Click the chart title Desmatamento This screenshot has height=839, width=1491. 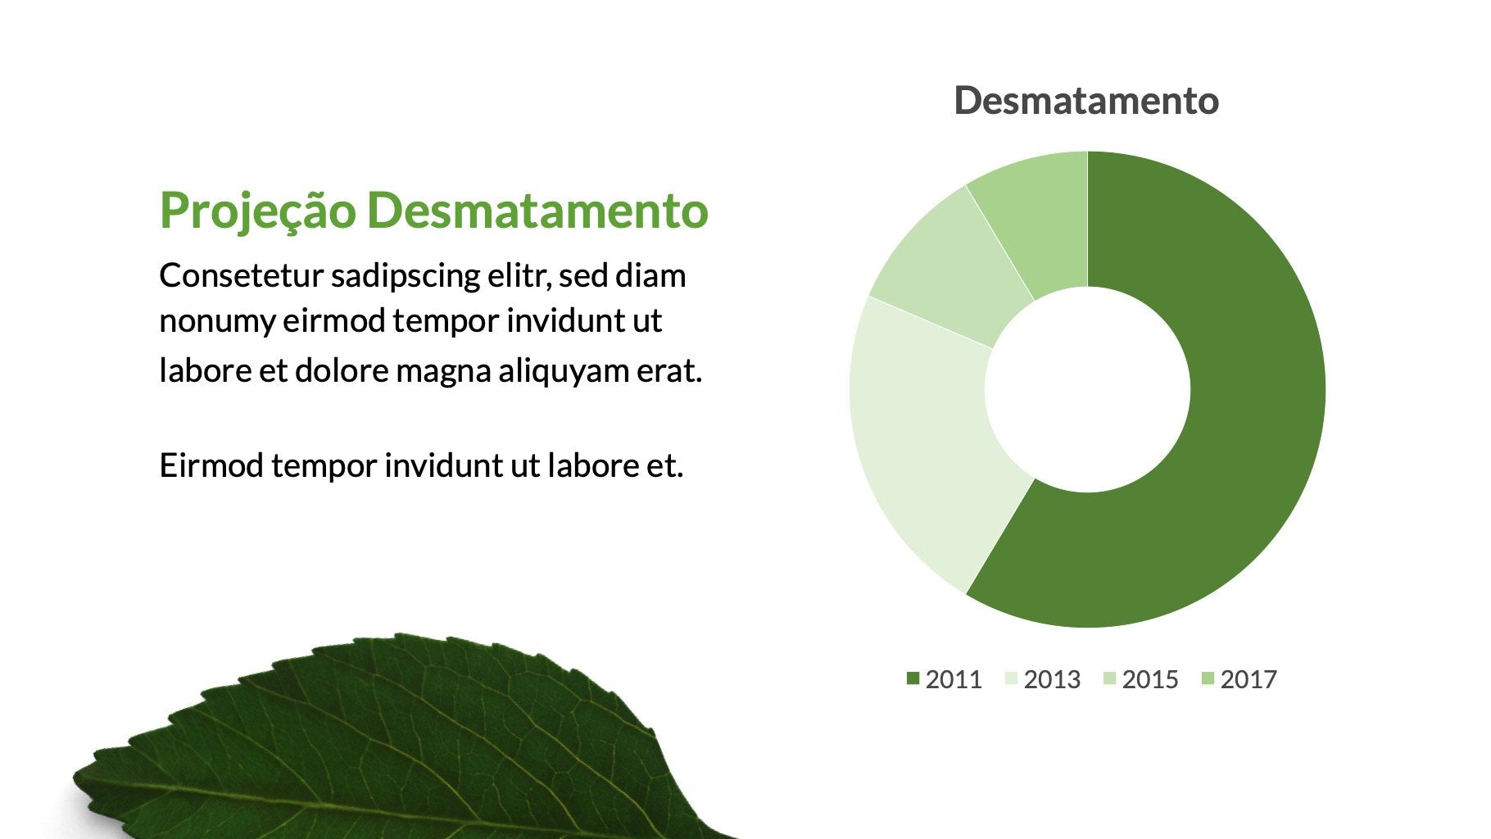click(1086, 101)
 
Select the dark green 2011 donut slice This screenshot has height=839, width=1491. click(1229, 459)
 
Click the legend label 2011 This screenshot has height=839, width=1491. click(954, 679)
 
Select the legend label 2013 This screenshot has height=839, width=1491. click(1052, 679)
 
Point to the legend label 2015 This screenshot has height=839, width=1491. click(1150, 679)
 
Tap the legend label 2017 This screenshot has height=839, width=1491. click(1249, 679)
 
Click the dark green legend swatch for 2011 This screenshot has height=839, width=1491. click(913, 678)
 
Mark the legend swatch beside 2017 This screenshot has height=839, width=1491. click(1208, 678)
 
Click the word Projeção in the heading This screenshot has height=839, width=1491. click(258, 211)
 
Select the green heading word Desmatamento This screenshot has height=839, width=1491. click(537, 211)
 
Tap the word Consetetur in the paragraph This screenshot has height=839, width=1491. click(242, 276)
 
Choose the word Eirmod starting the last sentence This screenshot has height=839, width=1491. click(211, 465)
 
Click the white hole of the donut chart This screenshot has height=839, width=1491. click(1087, 390)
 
